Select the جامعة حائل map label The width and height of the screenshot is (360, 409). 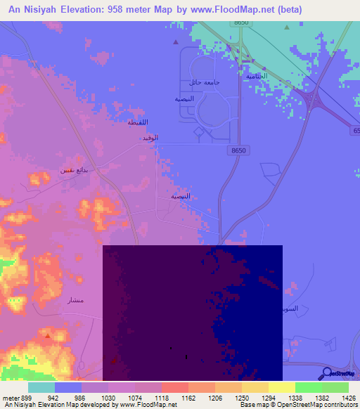(204, 83)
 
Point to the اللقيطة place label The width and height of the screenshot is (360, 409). (137, 122)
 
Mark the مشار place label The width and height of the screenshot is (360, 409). (73, 301)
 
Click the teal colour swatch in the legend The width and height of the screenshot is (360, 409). (41, 387)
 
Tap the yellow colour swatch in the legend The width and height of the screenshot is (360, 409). (281, 387)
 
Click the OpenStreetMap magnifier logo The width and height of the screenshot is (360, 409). (326, 373)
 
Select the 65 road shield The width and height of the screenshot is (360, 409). (355, 131)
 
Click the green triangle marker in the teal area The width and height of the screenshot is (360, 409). (286, 27)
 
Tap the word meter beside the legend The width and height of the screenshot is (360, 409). (12, 397)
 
